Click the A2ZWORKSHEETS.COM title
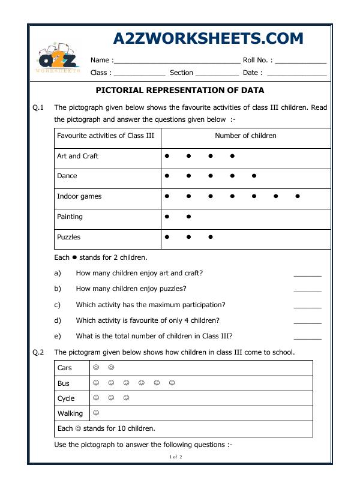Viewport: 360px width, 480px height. pos(208,39)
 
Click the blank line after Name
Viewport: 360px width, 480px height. pos(176,61)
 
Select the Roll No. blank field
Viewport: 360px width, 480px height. pos(301,61)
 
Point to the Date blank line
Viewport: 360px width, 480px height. pos(296,74)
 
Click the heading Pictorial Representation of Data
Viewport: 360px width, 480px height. pos(180,91)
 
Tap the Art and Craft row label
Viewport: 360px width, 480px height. pos(77,156)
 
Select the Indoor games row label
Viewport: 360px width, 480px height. pos(79,196)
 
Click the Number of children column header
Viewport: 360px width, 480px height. pos(245,136)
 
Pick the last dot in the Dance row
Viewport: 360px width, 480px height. pos(254,176)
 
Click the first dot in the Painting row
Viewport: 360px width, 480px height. pos(167,217)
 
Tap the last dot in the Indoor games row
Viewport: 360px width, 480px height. pos(298,196)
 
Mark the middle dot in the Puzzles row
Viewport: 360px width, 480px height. pos(188,237)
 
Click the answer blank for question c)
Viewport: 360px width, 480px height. pos(307,306)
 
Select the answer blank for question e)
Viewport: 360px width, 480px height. pos(307,337)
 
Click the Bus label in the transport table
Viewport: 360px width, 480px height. pos(64,383)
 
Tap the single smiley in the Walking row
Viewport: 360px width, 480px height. pos(96,413)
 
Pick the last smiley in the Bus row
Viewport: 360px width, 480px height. pos(172,383)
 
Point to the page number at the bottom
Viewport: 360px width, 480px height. pos(176,457)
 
